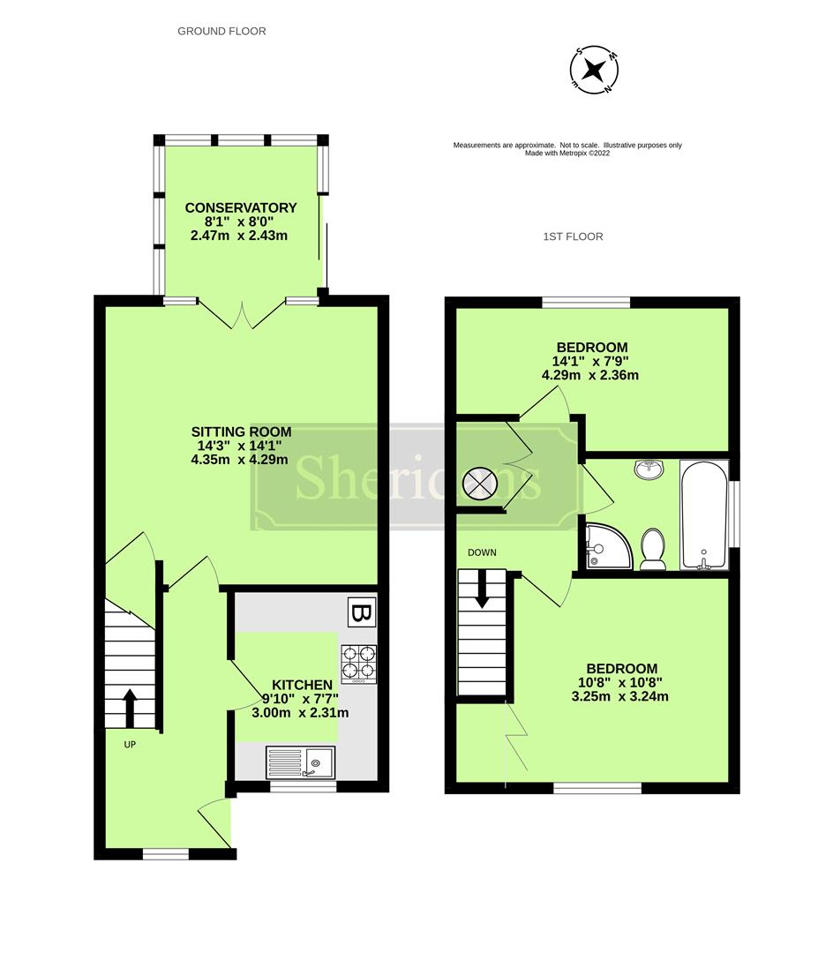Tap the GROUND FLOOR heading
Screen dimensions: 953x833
[221, 31]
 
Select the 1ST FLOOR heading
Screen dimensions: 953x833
[573, 236]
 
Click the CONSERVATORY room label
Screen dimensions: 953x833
[240, 208]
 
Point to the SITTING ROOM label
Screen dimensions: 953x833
[241, 432]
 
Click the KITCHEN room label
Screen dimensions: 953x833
[302, 685]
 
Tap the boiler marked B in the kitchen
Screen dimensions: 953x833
[360, 612]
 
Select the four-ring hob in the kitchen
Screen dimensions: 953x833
[358, 664]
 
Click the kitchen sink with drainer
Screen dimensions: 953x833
[300, 762]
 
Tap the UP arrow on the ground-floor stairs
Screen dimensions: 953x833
[130, 707]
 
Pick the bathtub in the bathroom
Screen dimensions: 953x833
[703, 515]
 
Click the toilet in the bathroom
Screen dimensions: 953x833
[653, 550]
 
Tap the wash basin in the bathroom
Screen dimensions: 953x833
[650, 469]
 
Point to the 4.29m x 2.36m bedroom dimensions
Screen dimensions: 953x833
[590, 375]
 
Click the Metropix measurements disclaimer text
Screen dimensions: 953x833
[567, 148]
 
